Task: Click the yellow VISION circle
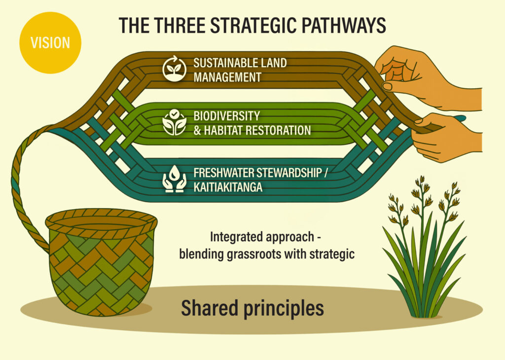(49, 42)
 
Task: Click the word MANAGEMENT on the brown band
(227, 77)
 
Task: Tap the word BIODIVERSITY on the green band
(226, 116)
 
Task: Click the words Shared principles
(252, 308)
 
